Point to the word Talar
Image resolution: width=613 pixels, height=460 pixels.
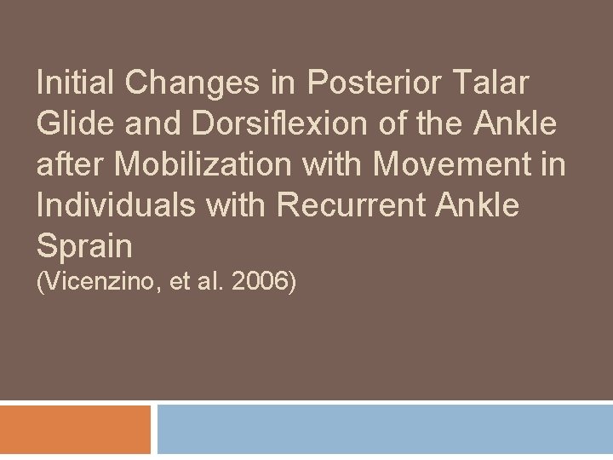pos(494,84)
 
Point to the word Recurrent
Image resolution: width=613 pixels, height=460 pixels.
pos(344,204)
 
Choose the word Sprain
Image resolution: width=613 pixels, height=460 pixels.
pos(84,245)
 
